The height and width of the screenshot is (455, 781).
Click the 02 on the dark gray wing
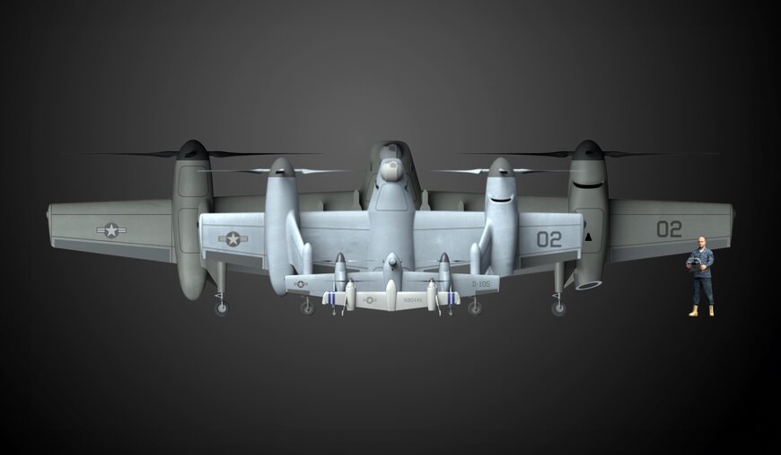click(x=669, y=229)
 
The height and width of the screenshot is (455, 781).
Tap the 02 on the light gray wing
click(x=548, y=239)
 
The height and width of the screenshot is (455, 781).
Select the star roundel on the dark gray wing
click(x=111, y=230)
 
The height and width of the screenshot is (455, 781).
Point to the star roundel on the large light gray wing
click(x=233, y=238)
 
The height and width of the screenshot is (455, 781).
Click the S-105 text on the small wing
click(x=481, y=283)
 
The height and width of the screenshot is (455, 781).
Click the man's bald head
click(x=701, y=242)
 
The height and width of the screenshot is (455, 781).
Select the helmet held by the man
click(x=692, y=263)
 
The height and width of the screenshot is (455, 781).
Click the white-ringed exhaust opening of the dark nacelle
click(x=590, y=285)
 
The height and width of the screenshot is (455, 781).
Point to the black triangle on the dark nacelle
click(x=587, y=237)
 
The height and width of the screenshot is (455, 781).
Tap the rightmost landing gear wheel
click(x=559, y=308)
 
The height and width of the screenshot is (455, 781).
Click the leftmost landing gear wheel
click(x=221, y=308)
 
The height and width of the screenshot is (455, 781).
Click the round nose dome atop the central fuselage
click(x=390, y=169)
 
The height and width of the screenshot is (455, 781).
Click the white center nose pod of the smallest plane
click(x=390, y=296)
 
